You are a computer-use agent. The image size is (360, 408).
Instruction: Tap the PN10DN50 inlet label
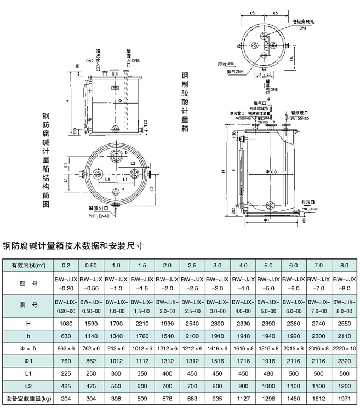point(300,118)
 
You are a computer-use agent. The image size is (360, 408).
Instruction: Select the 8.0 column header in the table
point(344,265)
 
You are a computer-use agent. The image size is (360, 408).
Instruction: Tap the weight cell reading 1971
point(344,399)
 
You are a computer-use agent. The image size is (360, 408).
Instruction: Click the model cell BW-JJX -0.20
point(66,284)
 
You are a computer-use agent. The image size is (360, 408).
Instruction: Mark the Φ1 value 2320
point(344,361)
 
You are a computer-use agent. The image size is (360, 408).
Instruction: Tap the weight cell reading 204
point(66,399)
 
